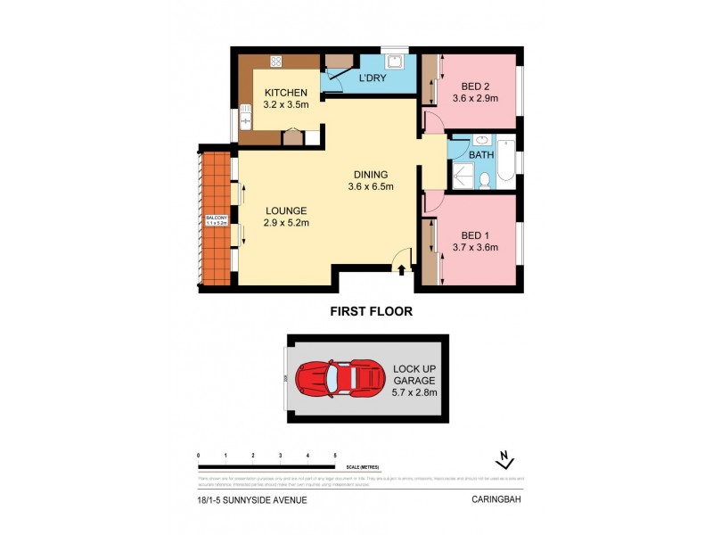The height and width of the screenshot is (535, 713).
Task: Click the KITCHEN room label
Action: tap(284, 93)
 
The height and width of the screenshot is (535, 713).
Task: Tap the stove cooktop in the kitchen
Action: tap(275, 62)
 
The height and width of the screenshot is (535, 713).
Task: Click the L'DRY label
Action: tap(373, 79)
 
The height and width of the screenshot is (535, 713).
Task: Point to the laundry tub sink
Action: tap(394, 62)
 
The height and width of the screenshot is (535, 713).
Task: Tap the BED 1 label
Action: tap(473, 235)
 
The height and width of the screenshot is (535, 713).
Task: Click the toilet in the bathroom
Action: tap(482, 181)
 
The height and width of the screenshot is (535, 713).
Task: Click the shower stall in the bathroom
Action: tap(462, 177)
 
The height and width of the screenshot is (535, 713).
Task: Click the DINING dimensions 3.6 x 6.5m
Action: tap(371, 186)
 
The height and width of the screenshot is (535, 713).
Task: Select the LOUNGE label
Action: tap(286, 210)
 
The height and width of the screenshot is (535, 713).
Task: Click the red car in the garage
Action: tap(340, 378)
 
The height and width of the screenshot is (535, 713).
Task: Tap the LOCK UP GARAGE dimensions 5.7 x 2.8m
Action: tap(414, 391)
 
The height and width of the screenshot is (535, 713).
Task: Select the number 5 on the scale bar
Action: tap(334, 456)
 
